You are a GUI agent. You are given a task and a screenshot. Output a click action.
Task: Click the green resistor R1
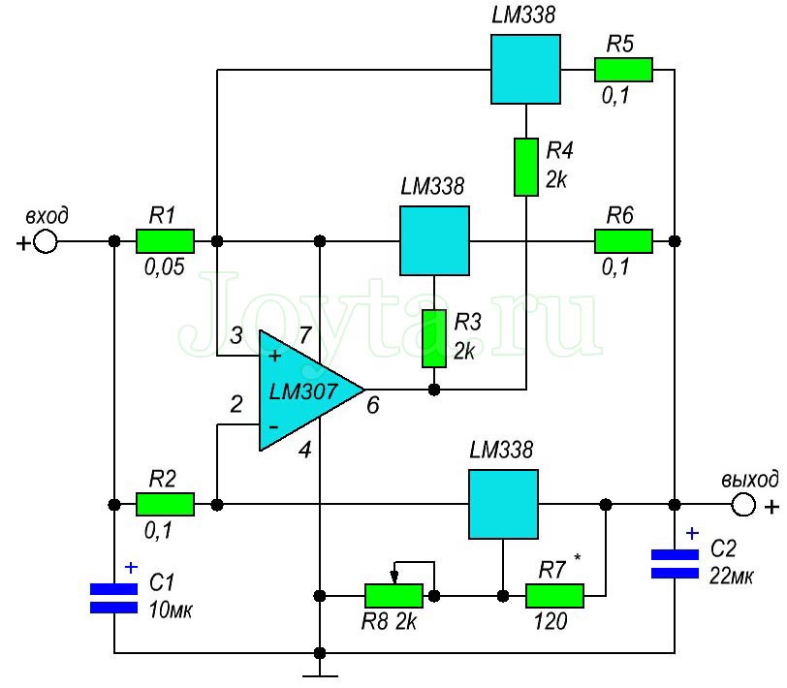point(165,240)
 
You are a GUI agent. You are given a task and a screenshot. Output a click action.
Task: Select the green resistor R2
point(165,504)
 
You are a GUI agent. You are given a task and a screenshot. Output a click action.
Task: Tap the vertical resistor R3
point(434,338)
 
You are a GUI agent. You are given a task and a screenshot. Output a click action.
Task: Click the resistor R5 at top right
point(623,70)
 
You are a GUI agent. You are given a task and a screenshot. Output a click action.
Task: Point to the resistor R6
point(623,240)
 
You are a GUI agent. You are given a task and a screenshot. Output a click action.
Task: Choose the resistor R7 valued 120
point(554,595)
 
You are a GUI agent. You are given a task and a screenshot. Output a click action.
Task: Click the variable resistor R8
point(393,595)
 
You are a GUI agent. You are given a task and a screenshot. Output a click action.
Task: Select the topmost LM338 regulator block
point(524,69)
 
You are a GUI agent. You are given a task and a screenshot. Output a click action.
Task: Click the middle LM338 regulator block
point(434,240)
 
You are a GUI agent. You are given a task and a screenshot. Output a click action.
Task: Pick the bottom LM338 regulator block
point(503,504)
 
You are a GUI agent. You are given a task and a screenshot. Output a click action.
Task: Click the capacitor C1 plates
point(114,598)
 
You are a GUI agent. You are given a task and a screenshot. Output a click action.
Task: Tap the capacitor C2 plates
point(675,563)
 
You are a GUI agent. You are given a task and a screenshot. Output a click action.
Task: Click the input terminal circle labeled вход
point(46,241)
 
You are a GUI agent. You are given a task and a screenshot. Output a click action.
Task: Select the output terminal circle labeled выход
point(743,504)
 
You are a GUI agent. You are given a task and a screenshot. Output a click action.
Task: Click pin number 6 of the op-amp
point(372,405)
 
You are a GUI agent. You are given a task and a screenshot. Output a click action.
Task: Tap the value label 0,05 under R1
point(164,266)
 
